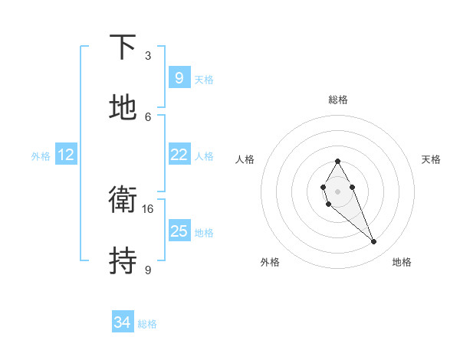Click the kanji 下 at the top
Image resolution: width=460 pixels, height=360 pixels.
click(123, 47)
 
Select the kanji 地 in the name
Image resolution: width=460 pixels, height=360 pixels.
click(123, 107)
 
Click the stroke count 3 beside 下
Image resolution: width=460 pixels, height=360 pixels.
click(148, 56)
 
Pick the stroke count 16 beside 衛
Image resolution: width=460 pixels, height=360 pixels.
click(148, 208)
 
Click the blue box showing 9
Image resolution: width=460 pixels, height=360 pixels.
click(179, 77)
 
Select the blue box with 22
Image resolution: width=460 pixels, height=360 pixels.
click(179, 155)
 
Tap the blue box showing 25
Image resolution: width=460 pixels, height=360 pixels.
click(179, 231)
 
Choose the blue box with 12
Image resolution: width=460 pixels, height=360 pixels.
click(66, 155)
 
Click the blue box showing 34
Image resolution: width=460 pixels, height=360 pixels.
click(122, 322)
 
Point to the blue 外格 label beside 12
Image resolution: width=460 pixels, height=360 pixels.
click(41, 156)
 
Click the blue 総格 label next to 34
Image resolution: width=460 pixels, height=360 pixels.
click(147, 324)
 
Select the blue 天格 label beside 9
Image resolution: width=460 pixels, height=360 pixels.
click(204, 80)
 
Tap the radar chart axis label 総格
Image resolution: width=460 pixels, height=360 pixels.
click(337, 100)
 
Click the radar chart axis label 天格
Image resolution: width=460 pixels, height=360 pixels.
click(431, 159)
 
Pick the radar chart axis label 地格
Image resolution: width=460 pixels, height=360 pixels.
click(402, 262)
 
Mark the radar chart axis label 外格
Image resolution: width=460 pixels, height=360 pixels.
click(270, 262)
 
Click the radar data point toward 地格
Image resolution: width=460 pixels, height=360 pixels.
click(374, 242)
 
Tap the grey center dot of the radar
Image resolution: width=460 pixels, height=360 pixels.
click(337, 190)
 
